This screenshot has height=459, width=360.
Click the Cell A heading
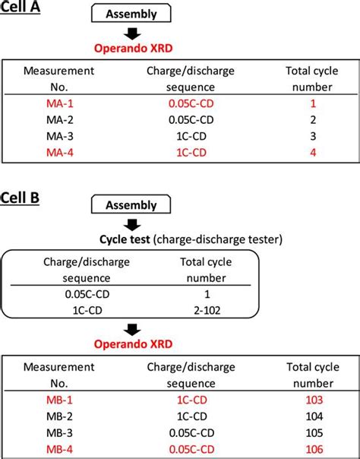tap(20, 6)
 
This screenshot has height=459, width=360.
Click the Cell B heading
tap(20, 198)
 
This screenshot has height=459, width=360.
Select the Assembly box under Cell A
tap(131, 13)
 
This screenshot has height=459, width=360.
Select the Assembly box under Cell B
tap(131, 204)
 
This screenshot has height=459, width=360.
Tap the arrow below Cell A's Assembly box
tap(132, 33)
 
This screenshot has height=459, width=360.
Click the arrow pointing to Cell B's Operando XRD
tap(132, 330)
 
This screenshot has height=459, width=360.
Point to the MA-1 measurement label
tap(60, 103)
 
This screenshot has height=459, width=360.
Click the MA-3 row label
tap(60, 137)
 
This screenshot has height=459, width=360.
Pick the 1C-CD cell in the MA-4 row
tap(191, 153)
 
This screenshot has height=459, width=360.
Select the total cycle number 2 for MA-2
tap(313, 120)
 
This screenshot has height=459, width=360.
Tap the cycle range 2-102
tap(207, 310)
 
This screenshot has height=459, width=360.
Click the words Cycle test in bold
tap(125, 239)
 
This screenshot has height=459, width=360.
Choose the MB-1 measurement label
tap(59, 400)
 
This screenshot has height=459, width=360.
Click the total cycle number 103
tap(314, 400)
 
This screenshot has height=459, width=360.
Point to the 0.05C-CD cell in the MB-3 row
tap(191, 432)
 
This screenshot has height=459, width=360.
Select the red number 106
tap(314, 449)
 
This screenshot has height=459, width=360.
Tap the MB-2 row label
tap(59, 416)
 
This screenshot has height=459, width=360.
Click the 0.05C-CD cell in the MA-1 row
tap(191, 103)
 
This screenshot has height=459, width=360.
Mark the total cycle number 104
tap(314, 416)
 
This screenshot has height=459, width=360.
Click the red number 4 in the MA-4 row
tap(313, 153)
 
